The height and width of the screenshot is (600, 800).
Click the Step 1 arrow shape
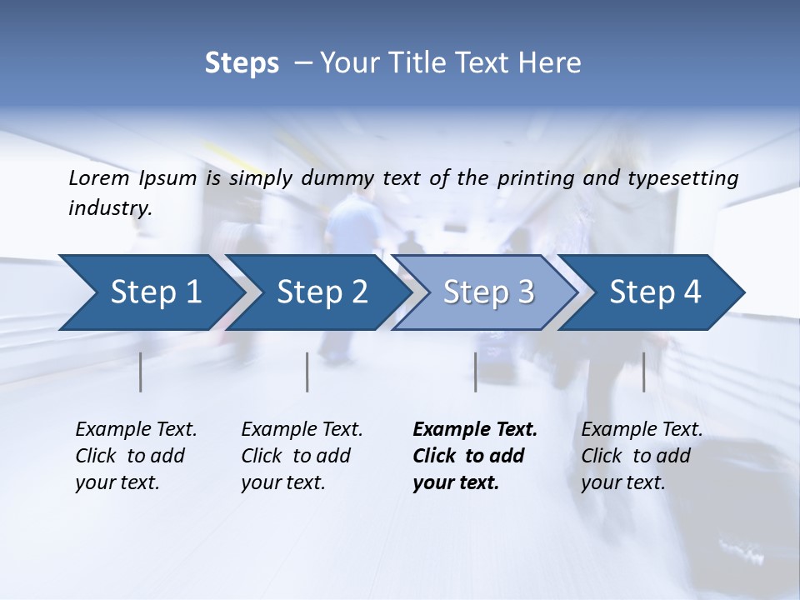150,292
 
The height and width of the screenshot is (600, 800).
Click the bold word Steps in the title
242,63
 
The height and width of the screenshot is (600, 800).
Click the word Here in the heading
552,63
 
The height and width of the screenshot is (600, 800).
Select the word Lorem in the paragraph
99,177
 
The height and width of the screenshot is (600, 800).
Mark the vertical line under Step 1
141,372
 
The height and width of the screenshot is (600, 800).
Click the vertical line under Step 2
307,372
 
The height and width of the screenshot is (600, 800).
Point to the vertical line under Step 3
475,372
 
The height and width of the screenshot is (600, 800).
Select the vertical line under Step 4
643,372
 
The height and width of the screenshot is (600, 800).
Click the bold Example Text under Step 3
475,430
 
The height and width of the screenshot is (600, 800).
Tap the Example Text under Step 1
136,430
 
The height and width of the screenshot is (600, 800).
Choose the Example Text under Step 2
302,430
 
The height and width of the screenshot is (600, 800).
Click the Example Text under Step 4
642,430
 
